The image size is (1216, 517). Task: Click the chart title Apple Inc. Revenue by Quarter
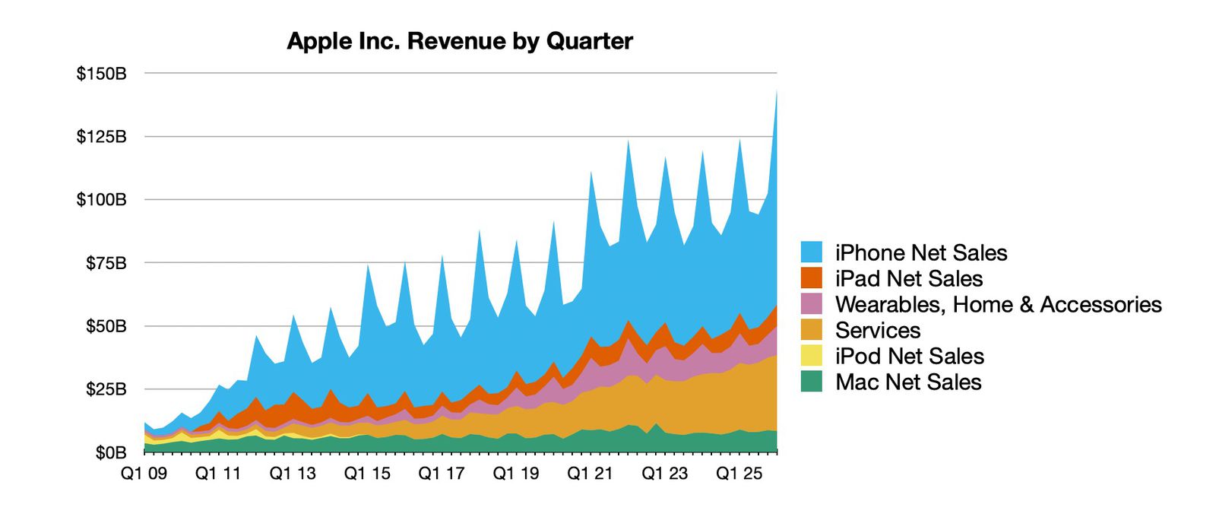click(x=459, y=41)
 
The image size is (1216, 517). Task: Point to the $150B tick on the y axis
click(x=101, y=75)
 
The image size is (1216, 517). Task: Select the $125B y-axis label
click(x=101, y=138)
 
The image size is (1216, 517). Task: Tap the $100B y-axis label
click(x=101, y=201)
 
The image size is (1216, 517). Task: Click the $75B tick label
click(x=105, y=264)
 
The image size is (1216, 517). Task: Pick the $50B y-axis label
click(x=105, y=327)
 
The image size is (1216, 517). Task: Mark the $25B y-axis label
click(x=105, y=390)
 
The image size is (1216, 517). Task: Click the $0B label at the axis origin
click(x=109, y=453)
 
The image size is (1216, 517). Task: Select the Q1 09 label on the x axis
click(x=144, y=474)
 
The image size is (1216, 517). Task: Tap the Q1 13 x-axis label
click(x=293, y=474)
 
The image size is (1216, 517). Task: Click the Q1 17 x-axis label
click(x=442, y=474)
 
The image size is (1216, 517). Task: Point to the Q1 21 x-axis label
click(x=591, y=474)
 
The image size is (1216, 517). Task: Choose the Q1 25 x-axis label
click(x=739, y=474)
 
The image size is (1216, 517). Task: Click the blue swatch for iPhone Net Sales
click(x=812, y=252)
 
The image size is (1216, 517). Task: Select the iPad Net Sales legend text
click(x=909, y=279)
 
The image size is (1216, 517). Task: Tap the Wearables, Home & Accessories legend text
click(x=998, y=305)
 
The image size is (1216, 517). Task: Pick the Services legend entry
click(x=878, y=331)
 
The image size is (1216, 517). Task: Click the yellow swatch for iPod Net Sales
click(x=812, y=356)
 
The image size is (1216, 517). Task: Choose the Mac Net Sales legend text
click(x=908, y=382)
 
